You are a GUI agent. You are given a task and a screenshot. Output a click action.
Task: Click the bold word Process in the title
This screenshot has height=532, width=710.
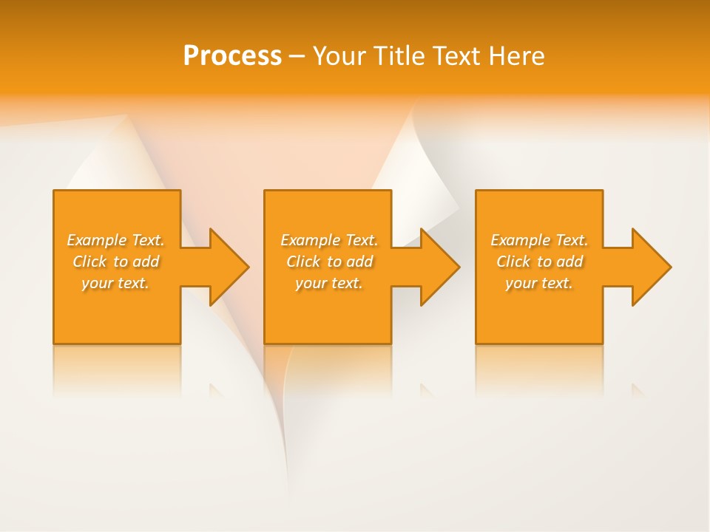(232, 56)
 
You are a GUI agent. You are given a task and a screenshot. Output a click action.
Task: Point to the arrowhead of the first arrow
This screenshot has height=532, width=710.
(229, 267)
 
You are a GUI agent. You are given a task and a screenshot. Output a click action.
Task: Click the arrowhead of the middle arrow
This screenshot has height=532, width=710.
(440, 267)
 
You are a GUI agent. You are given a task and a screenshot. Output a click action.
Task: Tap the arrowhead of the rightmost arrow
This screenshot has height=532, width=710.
(652, 267)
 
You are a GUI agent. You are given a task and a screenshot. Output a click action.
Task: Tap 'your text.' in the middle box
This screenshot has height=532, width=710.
(328, 283)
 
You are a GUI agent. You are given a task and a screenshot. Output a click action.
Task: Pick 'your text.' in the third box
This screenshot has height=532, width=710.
(538, 283)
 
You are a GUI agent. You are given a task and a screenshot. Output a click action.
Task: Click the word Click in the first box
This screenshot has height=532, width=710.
(89, 262)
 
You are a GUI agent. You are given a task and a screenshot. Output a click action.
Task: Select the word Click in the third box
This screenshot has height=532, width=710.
(513, 262)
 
